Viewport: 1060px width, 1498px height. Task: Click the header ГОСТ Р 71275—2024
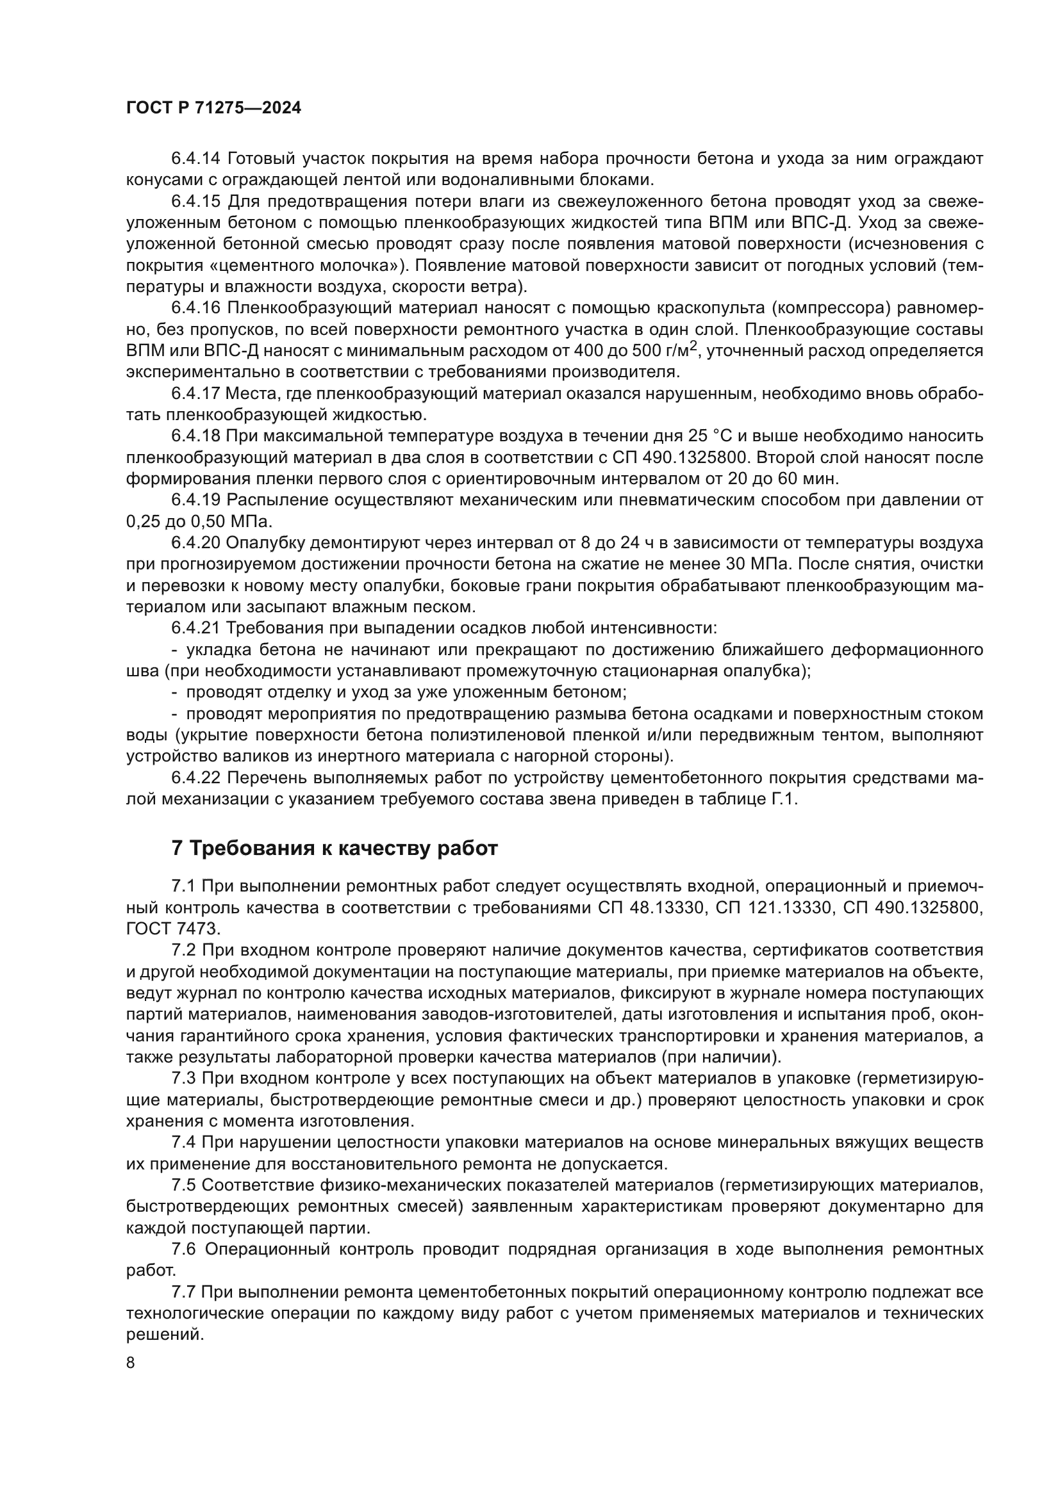coord(213,108)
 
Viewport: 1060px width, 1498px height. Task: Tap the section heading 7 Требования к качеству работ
coord(334,848)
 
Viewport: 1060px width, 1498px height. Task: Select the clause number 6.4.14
coord(196,159)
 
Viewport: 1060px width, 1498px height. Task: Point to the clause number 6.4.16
coord(196,308)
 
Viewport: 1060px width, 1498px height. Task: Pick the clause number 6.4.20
coord(196,543)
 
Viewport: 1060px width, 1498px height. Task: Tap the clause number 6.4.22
coord(196,777)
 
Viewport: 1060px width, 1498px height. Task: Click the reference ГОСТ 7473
coord(172,929)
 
